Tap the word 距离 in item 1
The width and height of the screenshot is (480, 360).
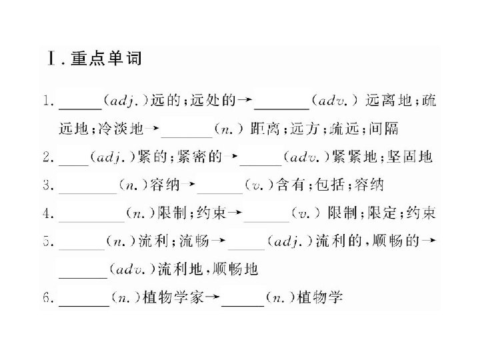pos(263,129)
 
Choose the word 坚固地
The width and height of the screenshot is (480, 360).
pos(411,157)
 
